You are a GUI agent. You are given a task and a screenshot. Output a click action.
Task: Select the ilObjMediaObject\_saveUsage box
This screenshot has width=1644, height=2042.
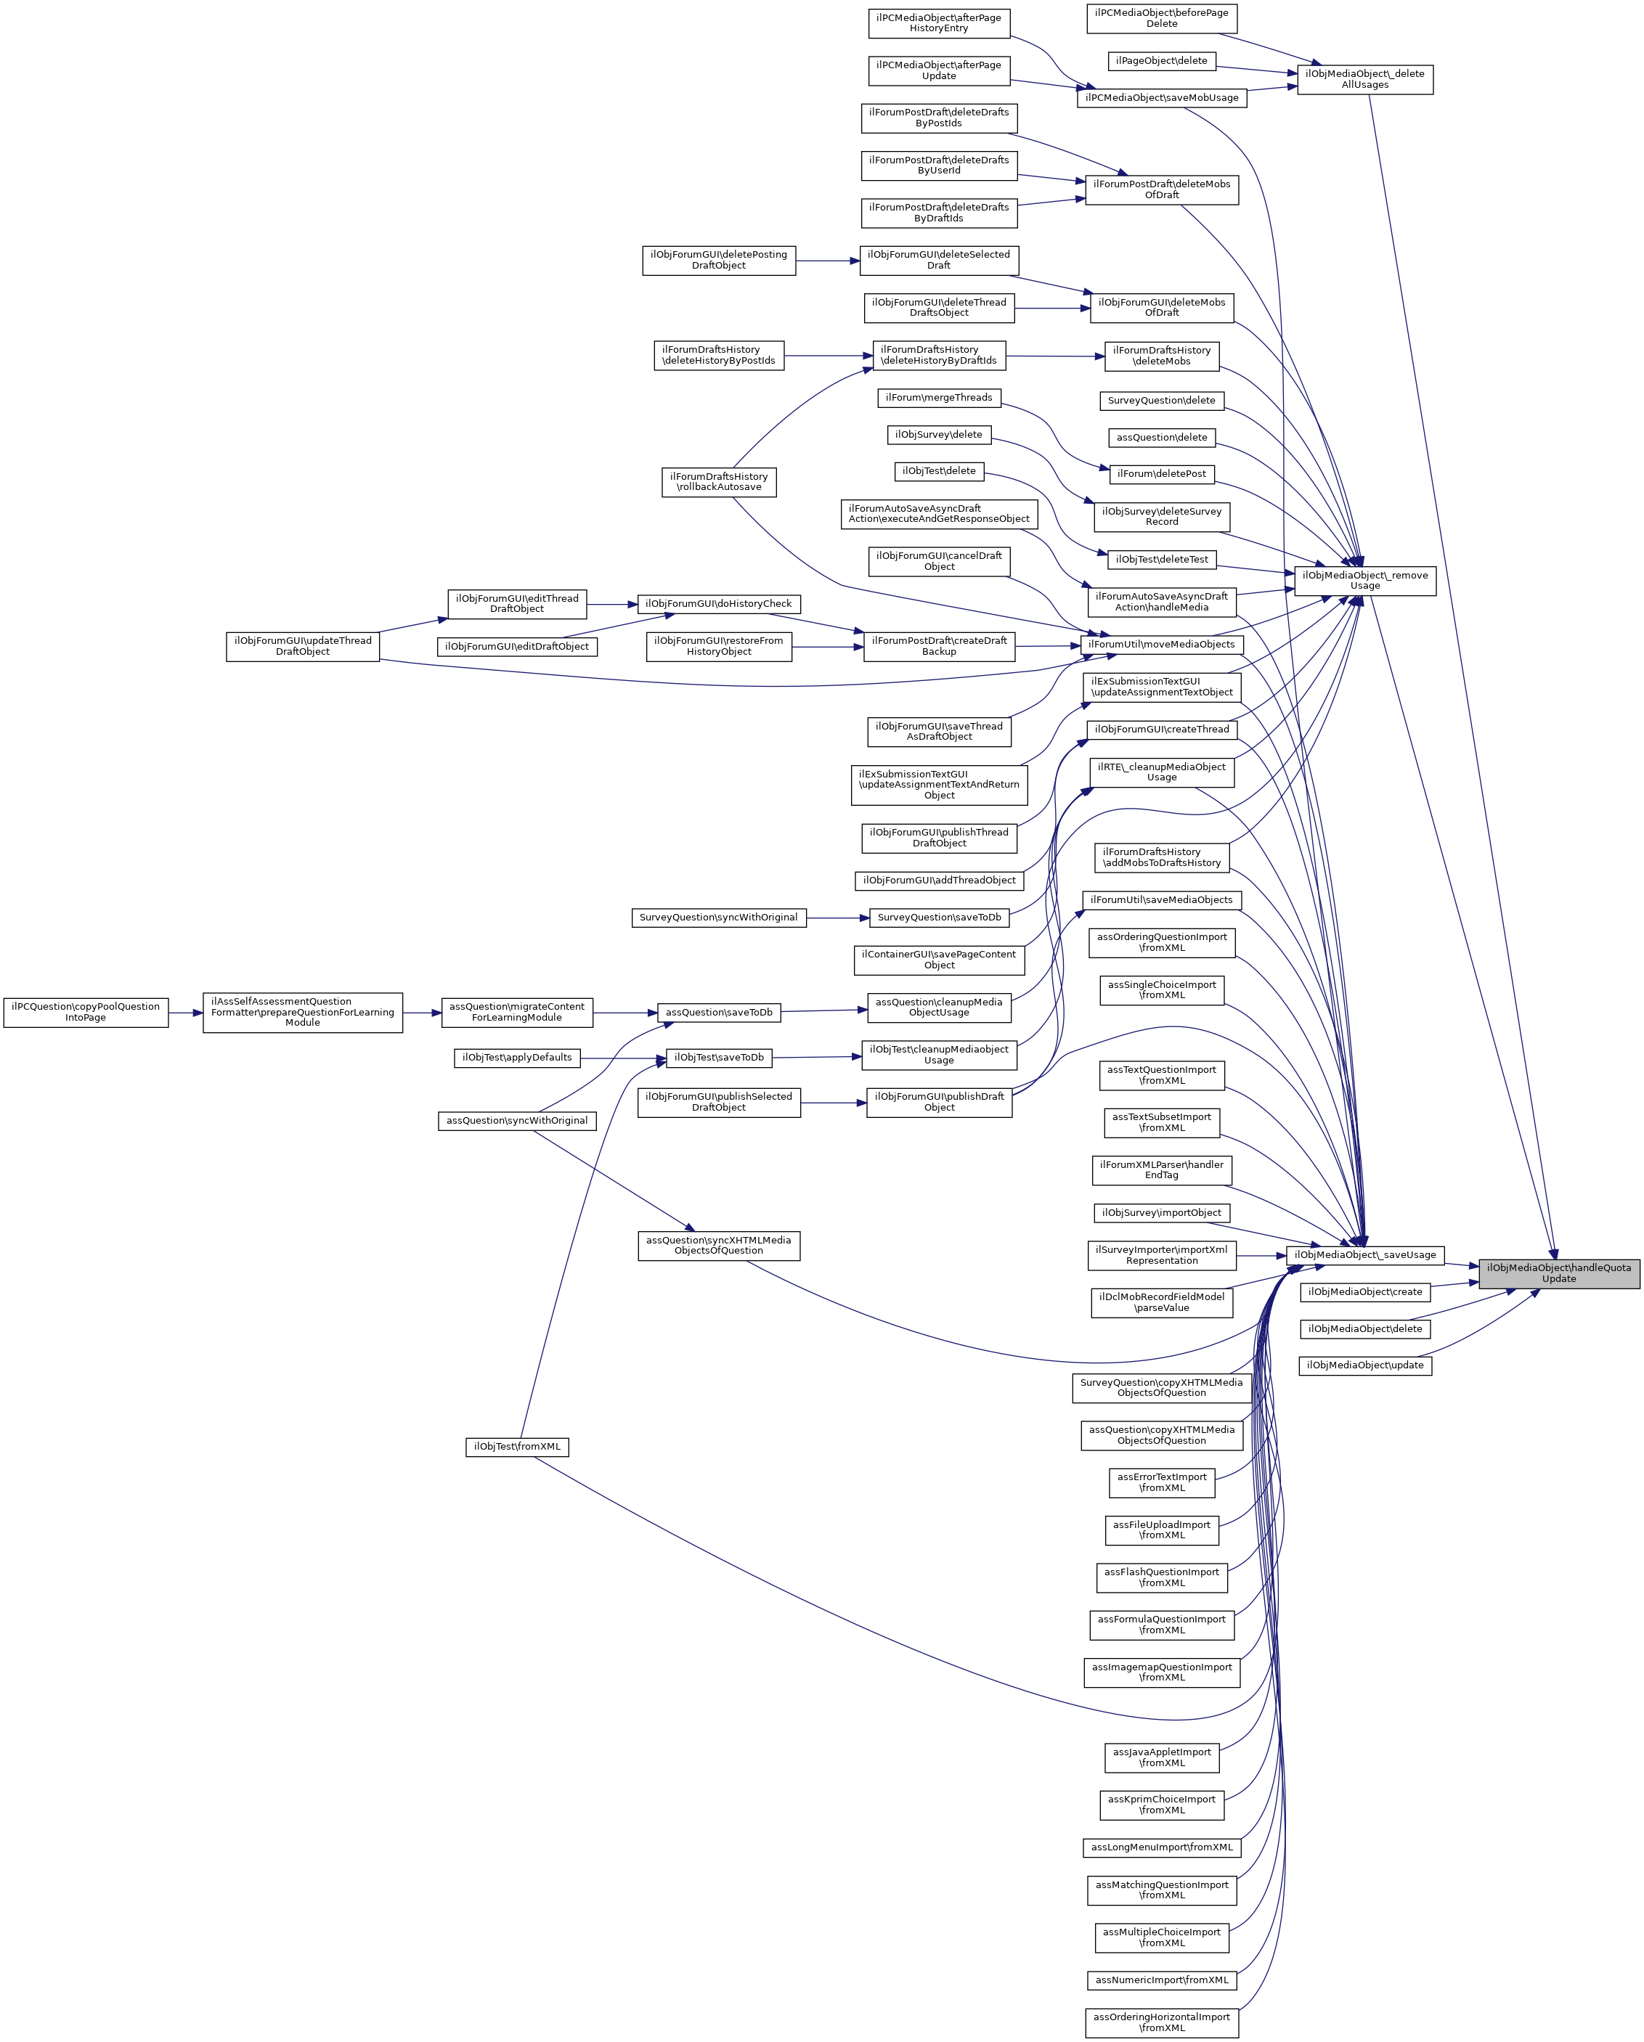click(x=1364, y=1255)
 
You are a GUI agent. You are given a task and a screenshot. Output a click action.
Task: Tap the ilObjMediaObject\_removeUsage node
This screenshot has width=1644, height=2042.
click(x=1364, y=581)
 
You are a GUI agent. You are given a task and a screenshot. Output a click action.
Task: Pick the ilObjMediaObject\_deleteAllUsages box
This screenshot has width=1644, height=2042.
click(x=1364, y=80)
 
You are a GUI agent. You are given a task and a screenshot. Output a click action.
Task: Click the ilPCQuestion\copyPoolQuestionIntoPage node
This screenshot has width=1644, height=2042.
click(x=85, y=1013)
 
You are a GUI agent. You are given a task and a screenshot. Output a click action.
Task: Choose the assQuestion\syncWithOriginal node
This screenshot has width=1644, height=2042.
click(x=516, y=1120)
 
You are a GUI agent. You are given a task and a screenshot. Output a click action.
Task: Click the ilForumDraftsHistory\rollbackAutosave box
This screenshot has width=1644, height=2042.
click(x=719, y=482)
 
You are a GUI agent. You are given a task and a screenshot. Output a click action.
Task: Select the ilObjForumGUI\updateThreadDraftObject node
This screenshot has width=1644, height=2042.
click(x=302, y=646)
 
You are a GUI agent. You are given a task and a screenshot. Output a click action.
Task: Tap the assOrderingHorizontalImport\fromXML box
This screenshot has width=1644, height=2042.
click(x=1161, y=2022)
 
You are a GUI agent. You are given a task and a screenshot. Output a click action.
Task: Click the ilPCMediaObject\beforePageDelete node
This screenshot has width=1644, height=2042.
click(x=1162, y=18)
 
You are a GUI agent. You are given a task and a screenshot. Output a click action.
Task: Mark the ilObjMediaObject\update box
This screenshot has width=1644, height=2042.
click(x=1364, y=1365)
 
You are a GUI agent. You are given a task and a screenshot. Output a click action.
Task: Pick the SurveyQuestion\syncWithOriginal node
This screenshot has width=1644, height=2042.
click(x=718, y=918)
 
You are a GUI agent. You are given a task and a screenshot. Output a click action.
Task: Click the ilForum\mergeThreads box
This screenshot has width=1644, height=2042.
click(x=938, y=398)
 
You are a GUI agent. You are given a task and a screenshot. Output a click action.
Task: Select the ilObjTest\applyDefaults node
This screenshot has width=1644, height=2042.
click(x=516, y=1058)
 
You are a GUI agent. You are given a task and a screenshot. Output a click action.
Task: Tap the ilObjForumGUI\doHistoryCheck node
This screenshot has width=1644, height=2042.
click(x=718, y=603)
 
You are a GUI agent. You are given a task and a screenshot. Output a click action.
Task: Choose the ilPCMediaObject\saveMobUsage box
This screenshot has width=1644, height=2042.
click(x=1162, y=97)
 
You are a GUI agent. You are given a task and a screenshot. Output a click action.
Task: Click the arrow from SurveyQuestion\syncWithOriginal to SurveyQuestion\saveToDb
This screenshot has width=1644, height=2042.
click(x=838, y=918)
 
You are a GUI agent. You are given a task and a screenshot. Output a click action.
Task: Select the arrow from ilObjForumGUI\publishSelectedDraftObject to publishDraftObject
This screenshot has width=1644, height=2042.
click(x=833, y=1103)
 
